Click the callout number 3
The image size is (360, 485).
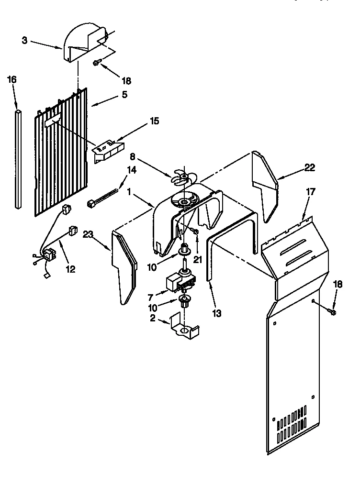pos(24,40)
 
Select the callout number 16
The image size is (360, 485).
pos(12,79)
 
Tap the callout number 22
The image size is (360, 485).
pos(310,167)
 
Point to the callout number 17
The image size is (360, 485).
pos(311,191)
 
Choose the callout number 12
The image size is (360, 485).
pos(70,269)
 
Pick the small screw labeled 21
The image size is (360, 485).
pos(195,232)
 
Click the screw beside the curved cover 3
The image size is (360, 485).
pos(97,62)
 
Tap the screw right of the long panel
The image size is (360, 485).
pos(333,312)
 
